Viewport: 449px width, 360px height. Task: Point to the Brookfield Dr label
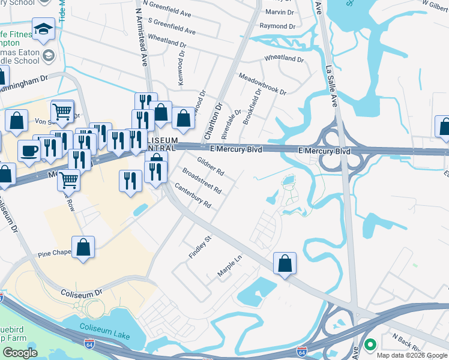pos(252,107)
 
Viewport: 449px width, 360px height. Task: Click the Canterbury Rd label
pos(193,196)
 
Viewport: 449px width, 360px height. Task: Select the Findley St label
pos(200,247)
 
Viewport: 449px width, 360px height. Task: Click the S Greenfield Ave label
pos(172,26)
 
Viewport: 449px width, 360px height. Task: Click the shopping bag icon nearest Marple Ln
pos(285,263)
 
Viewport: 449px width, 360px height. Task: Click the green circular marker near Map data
pos(370,344)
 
